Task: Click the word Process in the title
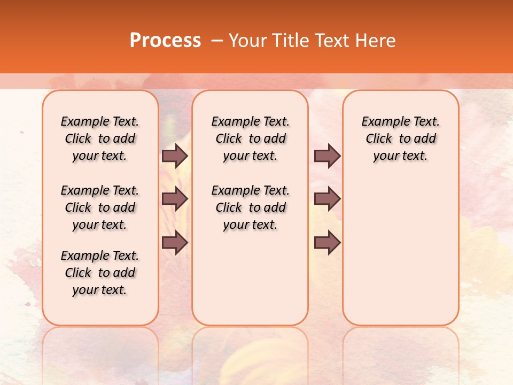[x=165, y=41]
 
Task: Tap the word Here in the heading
[x=376, y=41]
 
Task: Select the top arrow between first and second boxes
[x=175, y=156]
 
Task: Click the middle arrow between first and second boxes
[x=175, y=199]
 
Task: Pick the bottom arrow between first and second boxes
[x=175, y=243]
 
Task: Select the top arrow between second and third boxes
[x=327, y=156]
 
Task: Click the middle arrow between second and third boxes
[x=327, y=199]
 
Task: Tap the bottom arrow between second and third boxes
[x=327, y=243]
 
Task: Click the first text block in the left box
[x=100, y=138]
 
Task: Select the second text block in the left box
[x=100, y=207]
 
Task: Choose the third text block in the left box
[x=100, y=273]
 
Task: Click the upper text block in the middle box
[x=250, y=138]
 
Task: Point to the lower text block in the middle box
[x=250, y=207]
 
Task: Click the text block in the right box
[x=400, y=138]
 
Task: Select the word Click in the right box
[x=379, y=139]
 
